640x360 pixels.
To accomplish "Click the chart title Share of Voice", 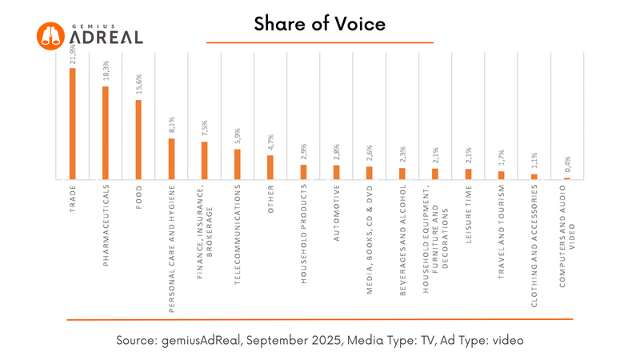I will tap(320, 24).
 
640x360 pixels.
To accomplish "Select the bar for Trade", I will tap(72, 124).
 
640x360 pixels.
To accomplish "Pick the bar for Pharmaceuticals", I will tap(105, 133).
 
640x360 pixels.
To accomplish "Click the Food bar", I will tap(138, 140).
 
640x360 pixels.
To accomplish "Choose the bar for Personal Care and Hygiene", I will tap(171, 159).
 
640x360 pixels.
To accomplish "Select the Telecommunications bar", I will tap(238, 164).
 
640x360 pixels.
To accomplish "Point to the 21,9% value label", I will tap(72, 55).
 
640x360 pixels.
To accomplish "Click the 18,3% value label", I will tap(105, 73).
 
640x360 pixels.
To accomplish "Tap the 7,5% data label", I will tap(204, 129).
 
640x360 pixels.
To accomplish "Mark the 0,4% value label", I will tap(567, 165).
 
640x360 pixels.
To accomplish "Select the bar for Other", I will tap(270, 167).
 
